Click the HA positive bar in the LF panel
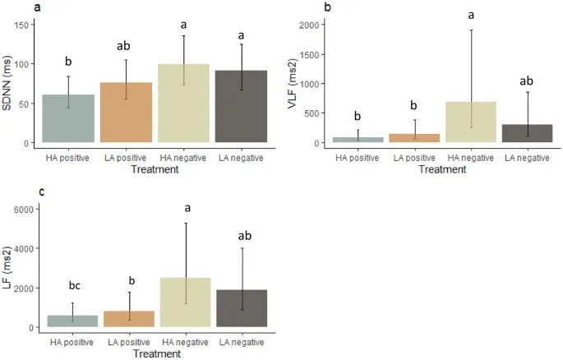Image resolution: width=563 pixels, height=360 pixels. coord(74,321)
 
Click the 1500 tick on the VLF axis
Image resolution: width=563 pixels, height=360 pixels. coord(309,54)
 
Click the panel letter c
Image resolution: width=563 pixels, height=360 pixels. coord(41,192)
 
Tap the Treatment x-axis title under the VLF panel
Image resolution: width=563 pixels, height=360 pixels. coord(443,169)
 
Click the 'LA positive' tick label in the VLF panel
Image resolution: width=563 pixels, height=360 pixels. coord(414,157)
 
